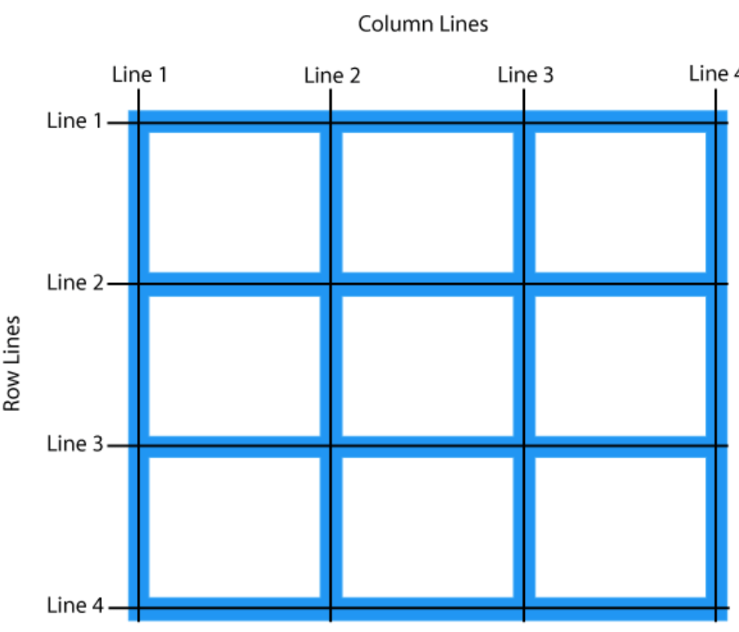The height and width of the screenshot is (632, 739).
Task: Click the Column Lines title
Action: tap(423, 24)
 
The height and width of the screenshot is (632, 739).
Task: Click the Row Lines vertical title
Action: tap(12, 362)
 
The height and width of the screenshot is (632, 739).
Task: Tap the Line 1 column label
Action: tap(140, 75)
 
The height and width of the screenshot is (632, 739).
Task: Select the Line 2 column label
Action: tap(332, 76)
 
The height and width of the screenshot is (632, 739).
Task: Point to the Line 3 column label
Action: tap(526, 75)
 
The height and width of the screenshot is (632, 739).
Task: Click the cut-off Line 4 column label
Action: tap(714, 73)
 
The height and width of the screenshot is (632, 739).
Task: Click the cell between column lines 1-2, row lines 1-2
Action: tap(234, 202)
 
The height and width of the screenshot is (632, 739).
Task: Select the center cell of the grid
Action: tap(427, 365)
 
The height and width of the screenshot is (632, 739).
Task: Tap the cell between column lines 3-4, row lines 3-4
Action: tap(620, 526)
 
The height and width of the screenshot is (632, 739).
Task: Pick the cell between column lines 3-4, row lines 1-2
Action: tap(620, 202)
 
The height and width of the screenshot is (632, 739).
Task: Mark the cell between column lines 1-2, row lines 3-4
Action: tap(234, 526)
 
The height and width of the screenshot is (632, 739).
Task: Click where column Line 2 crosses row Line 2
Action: tap(330, 284)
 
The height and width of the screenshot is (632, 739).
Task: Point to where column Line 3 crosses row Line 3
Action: tap(523, 446)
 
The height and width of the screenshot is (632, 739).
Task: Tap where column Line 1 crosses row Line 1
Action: tap(139, 122)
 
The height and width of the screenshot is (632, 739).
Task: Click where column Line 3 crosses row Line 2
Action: tap(523, 284)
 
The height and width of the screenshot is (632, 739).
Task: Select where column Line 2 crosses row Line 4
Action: tap(330, 607)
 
